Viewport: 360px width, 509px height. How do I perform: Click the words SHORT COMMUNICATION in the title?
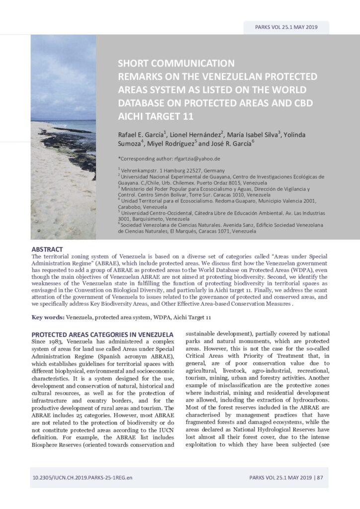coord(176,63)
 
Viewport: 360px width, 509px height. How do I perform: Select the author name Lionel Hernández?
coord(199,134)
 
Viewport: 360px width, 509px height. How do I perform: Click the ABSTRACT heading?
coord(47,249)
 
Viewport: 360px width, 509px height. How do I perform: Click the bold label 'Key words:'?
coord(48,317)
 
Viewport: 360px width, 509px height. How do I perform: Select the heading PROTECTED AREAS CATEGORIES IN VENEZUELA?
coord(102,335)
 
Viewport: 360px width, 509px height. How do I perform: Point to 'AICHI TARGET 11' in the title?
coord(154,116)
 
